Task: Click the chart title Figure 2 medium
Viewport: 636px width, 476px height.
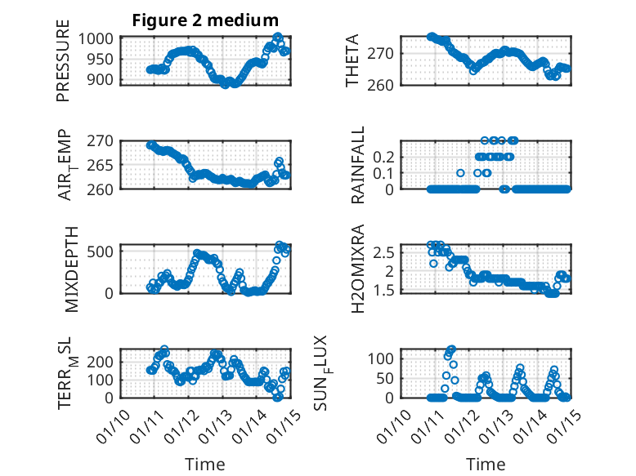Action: point(205,20)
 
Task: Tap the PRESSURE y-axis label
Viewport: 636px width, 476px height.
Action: point(63,67)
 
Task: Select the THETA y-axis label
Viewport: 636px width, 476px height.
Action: point(352,62)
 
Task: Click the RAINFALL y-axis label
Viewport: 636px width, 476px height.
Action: point(357,165)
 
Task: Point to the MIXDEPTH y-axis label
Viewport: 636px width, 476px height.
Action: point(71,267)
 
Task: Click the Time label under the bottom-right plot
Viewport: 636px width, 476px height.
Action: point(486,465)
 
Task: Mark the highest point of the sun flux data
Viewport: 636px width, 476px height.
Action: point(452,349)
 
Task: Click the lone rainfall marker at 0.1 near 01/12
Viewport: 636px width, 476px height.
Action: point(460,172)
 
